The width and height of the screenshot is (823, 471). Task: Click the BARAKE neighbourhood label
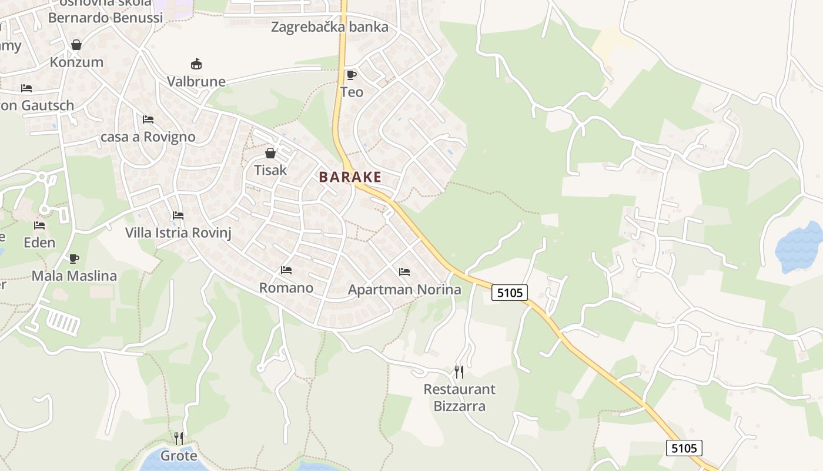coord(350,177)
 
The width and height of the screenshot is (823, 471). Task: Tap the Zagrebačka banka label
coord(329,26)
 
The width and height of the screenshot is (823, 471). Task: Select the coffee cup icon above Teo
coord(352,75)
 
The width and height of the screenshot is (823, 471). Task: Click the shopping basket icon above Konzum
coord(76,45)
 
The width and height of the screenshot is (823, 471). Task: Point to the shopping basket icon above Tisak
coord(270,153)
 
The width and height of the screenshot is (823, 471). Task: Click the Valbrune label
coord(196,81)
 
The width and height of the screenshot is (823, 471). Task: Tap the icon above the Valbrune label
coord(196,64)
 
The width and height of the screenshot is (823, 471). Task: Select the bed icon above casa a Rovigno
coord(148,120)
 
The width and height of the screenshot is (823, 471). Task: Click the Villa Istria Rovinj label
coord(178,233)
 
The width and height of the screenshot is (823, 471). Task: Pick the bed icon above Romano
coord(286,270)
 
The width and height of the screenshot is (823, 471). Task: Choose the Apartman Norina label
coord(404,290)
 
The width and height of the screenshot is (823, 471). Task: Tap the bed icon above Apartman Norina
coord(404,272)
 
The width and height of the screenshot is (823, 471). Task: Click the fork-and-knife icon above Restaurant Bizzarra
coord(459,372)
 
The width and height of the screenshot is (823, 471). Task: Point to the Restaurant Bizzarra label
coord(459,397)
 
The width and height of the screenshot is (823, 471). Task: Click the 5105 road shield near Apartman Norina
coord(509,292)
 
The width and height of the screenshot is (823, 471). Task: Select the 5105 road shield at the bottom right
coord(684,448)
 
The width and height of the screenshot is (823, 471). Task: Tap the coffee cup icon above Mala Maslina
coord(74,258)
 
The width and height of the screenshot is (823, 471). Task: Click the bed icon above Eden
coord(39,225)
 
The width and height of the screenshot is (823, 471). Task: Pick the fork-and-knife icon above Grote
coord(179,438)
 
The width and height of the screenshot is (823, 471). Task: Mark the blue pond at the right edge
coord(801,247)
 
